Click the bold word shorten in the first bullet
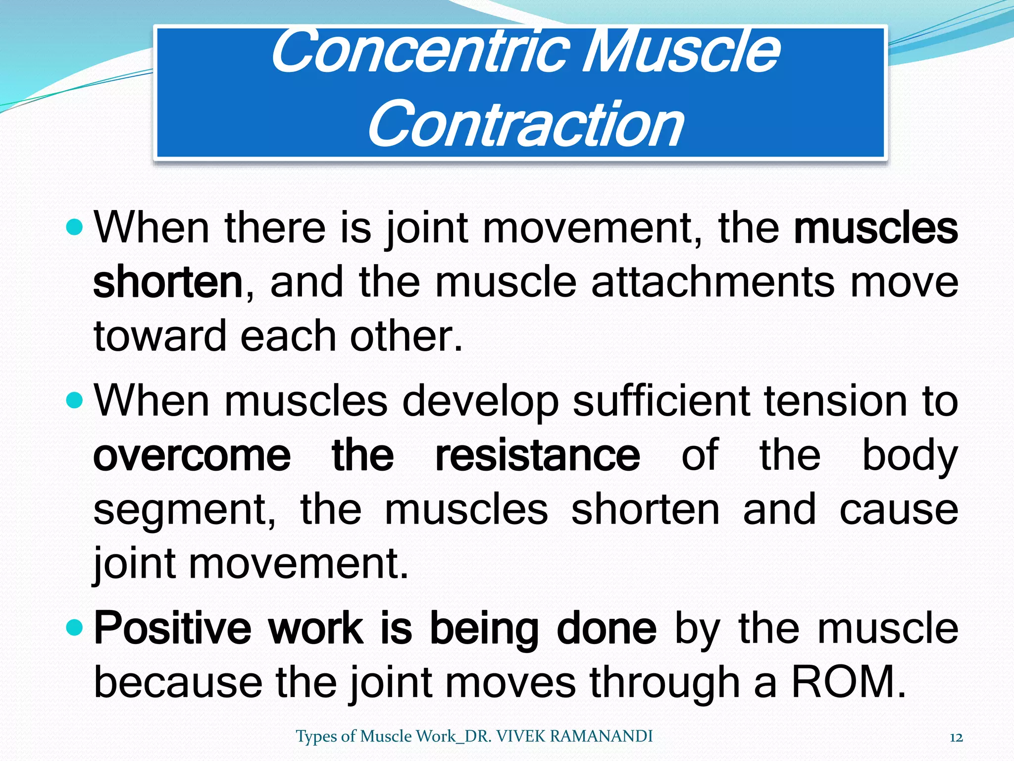coord(167,282)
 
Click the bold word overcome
coord(192,455)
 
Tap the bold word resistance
coord(537,455)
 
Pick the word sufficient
coord(661,401)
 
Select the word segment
coord(183,510)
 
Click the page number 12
coord(956,738)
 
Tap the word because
coord(178,683)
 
